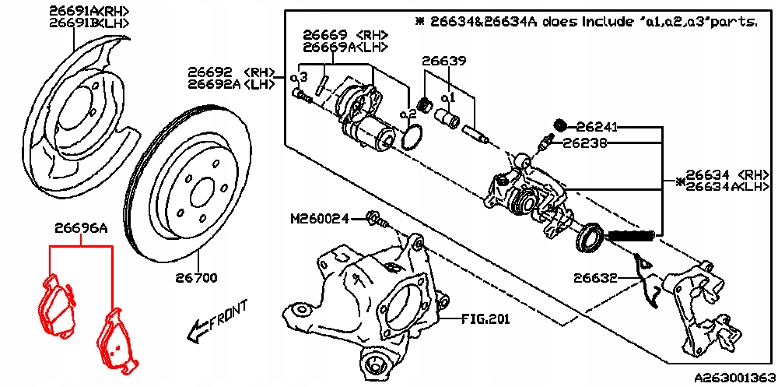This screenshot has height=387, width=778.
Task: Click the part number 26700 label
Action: pyautogui.click(x=196, y=276)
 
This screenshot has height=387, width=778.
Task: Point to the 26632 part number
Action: pyautogui.click(x=596, y=276)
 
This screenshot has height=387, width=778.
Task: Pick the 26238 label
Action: pyautogui.click(x=585, y=143)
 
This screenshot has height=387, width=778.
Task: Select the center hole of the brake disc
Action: pyautogui.click(x=201, y=192)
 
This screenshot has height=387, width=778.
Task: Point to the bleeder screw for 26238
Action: pyautogui.click(x=545, y=142)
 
